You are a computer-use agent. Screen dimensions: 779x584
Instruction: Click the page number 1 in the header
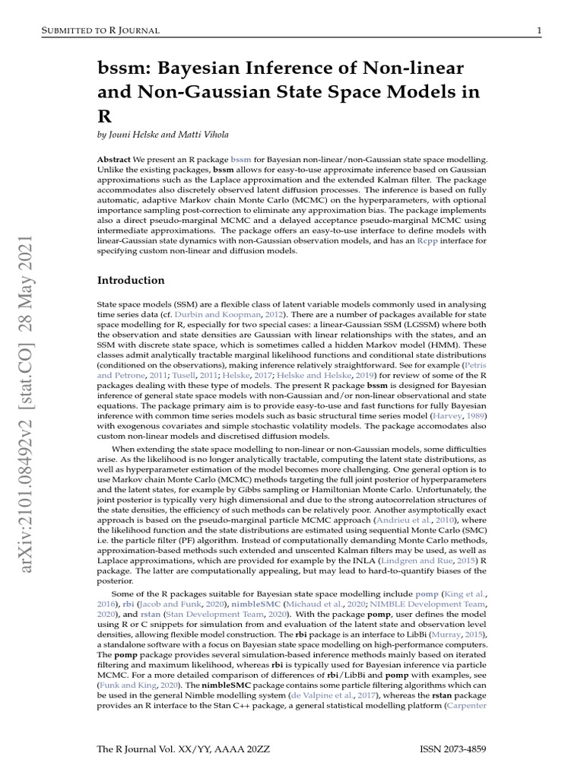538,30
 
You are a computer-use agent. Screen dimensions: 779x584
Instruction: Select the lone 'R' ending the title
104,118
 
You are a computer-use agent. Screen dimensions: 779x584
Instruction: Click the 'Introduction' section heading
131,280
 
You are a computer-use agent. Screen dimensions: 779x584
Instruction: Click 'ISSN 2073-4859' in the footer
452,749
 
